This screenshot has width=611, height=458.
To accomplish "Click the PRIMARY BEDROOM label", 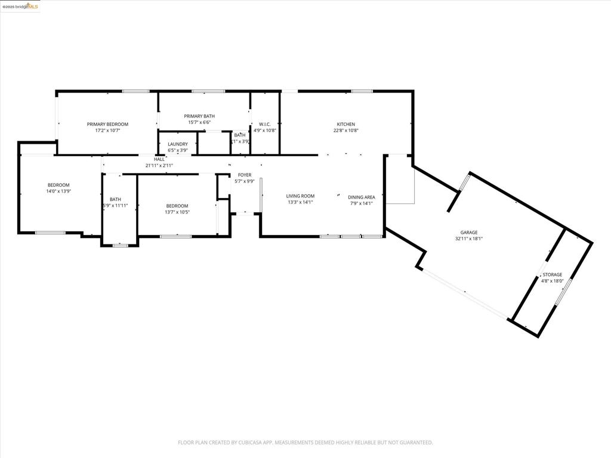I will (x=107, y=124).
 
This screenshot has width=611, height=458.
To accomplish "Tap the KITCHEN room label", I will (x=345, y=124).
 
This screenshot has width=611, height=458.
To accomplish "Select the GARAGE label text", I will (x=468, y=233).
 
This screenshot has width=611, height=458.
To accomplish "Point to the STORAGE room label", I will (x=552, y=274).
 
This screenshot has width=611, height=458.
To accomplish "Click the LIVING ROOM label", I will (x=300, y=196).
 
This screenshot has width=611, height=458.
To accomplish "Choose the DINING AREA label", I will (x=361, y=197).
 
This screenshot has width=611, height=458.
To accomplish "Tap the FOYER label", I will (x=244, y=175).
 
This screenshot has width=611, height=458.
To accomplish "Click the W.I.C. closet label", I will (x=265, y=124).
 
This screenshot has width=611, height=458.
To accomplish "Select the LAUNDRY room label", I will (x=178, y=144).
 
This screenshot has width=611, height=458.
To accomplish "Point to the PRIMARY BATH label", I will (x=199, y=116).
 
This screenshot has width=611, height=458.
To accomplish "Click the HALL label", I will (x=159, y=159).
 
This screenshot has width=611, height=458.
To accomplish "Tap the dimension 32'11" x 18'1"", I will (x=468, y=239).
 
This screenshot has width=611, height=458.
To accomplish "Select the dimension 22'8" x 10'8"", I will (x=345, y=130).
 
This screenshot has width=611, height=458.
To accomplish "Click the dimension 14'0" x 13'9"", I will (x=58, y=191).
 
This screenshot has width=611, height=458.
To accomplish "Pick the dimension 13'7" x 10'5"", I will (x=177, y=212).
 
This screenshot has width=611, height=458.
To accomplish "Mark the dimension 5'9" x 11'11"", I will (x=115, y=205).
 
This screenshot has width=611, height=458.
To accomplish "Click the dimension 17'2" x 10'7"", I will (x=107, y=130).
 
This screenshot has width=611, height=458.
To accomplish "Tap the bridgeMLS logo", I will (x=20, y=7).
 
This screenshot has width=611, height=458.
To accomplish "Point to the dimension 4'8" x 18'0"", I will (x=552, y=280).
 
